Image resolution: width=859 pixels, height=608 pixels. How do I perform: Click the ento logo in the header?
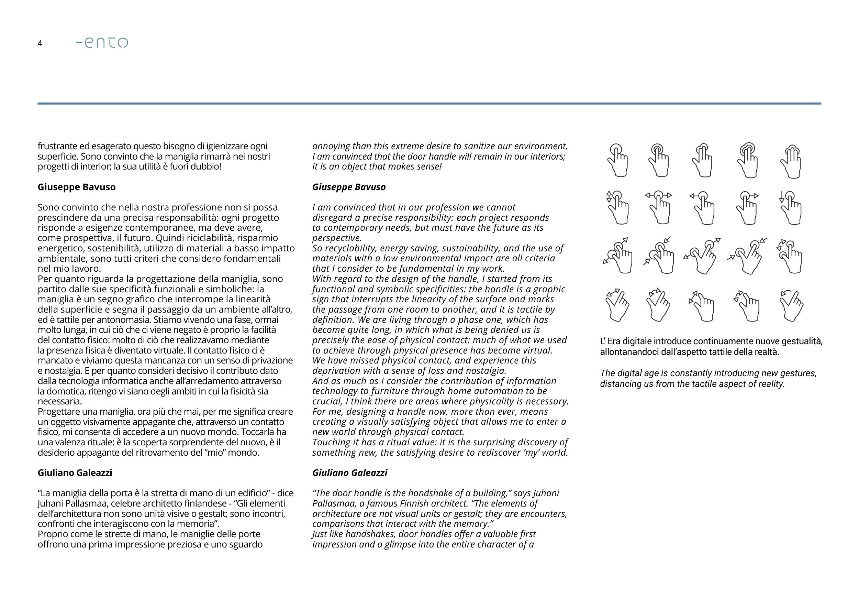[x=102, y=43]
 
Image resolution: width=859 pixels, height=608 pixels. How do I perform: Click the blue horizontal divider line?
[x=429, y=103]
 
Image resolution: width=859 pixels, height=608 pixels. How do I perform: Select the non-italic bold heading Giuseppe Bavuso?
[x=76, y=187]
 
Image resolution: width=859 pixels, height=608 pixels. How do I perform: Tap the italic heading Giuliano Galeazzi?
[x=349, y=473]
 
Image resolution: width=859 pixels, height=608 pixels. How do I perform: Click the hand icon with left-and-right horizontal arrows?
[x=659, y=208]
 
